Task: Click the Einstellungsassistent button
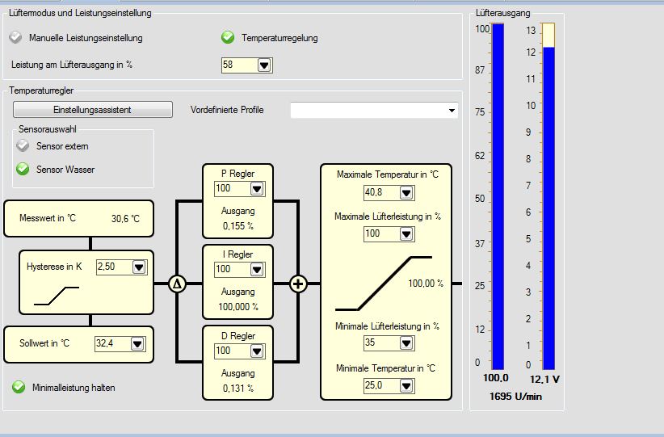(92, 109)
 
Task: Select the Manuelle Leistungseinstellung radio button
(16, 38)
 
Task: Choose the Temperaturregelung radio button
(228, 37)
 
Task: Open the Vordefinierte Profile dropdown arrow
(452, 110)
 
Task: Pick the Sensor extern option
(23, 146)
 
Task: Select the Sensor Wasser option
(23, 170)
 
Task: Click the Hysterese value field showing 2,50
(113, 267)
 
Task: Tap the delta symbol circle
(177, 284)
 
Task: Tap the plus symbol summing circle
(299, 284)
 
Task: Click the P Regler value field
(231, 188)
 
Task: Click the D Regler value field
(231, 351)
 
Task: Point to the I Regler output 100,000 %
(237, 307)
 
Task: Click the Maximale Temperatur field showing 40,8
(381, 193)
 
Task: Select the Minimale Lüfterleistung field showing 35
(381, 343)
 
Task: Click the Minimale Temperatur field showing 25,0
(381, 386)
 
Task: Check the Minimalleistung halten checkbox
(19, 387)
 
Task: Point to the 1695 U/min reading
(516, 397)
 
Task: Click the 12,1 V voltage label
(546, 379)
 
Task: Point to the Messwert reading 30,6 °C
(125, 218)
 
